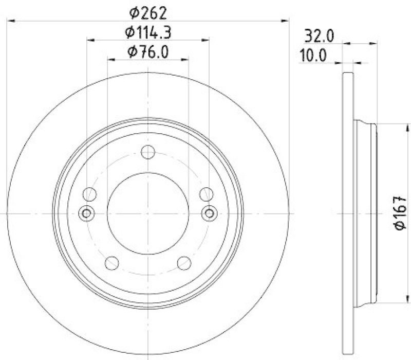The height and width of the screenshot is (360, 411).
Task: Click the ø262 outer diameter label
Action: pos(148,10)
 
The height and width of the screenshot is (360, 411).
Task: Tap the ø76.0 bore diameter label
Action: pos(148,52)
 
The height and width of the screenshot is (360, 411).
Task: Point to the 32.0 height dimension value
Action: pos(320,36)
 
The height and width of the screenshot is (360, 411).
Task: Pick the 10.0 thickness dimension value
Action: pos(313,56)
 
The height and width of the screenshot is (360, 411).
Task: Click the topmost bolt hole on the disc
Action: pos(148,152)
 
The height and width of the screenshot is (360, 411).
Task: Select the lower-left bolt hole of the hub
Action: pos(111,263)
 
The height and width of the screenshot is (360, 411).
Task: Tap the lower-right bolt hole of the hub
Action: pos(184,263)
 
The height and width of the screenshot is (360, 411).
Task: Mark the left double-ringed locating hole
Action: pos(87,212)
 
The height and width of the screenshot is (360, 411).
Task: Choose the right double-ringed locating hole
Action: pos(209,212)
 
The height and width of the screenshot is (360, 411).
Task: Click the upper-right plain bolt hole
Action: pos(206,194)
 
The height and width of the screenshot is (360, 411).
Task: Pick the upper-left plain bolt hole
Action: pos(90,194)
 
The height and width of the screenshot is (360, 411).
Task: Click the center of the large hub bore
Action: pos(148,212)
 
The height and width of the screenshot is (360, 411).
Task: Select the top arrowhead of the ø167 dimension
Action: pos(395,126)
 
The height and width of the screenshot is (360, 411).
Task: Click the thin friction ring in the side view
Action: pos(348,212)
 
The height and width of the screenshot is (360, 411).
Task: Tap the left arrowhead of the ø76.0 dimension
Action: pos(110,60)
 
